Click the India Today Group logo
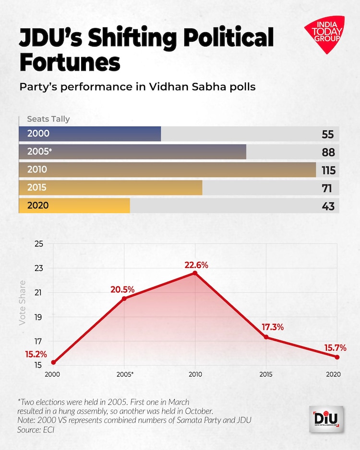click(x=324, y=34)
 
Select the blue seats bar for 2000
click(x=90, y=134)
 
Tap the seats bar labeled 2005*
click(x=132, y=152)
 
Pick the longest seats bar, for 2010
click(x=167, y=170)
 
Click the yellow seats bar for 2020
click(x=74, y=206)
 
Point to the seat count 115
click(x=328, y=170)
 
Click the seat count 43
click(x=327, y=206)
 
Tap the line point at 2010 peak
click(x=195, y=273)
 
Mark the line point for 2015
click(x=266, y=337)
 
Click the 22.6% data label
click(x=196, y=264)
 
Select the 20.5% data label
click(x=122, y=290)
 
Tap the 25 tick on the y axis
click(x=39, y=244)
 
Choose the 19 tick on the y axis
click(x=39, y=317)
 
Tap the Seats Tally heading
click(x=48, y=119)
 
